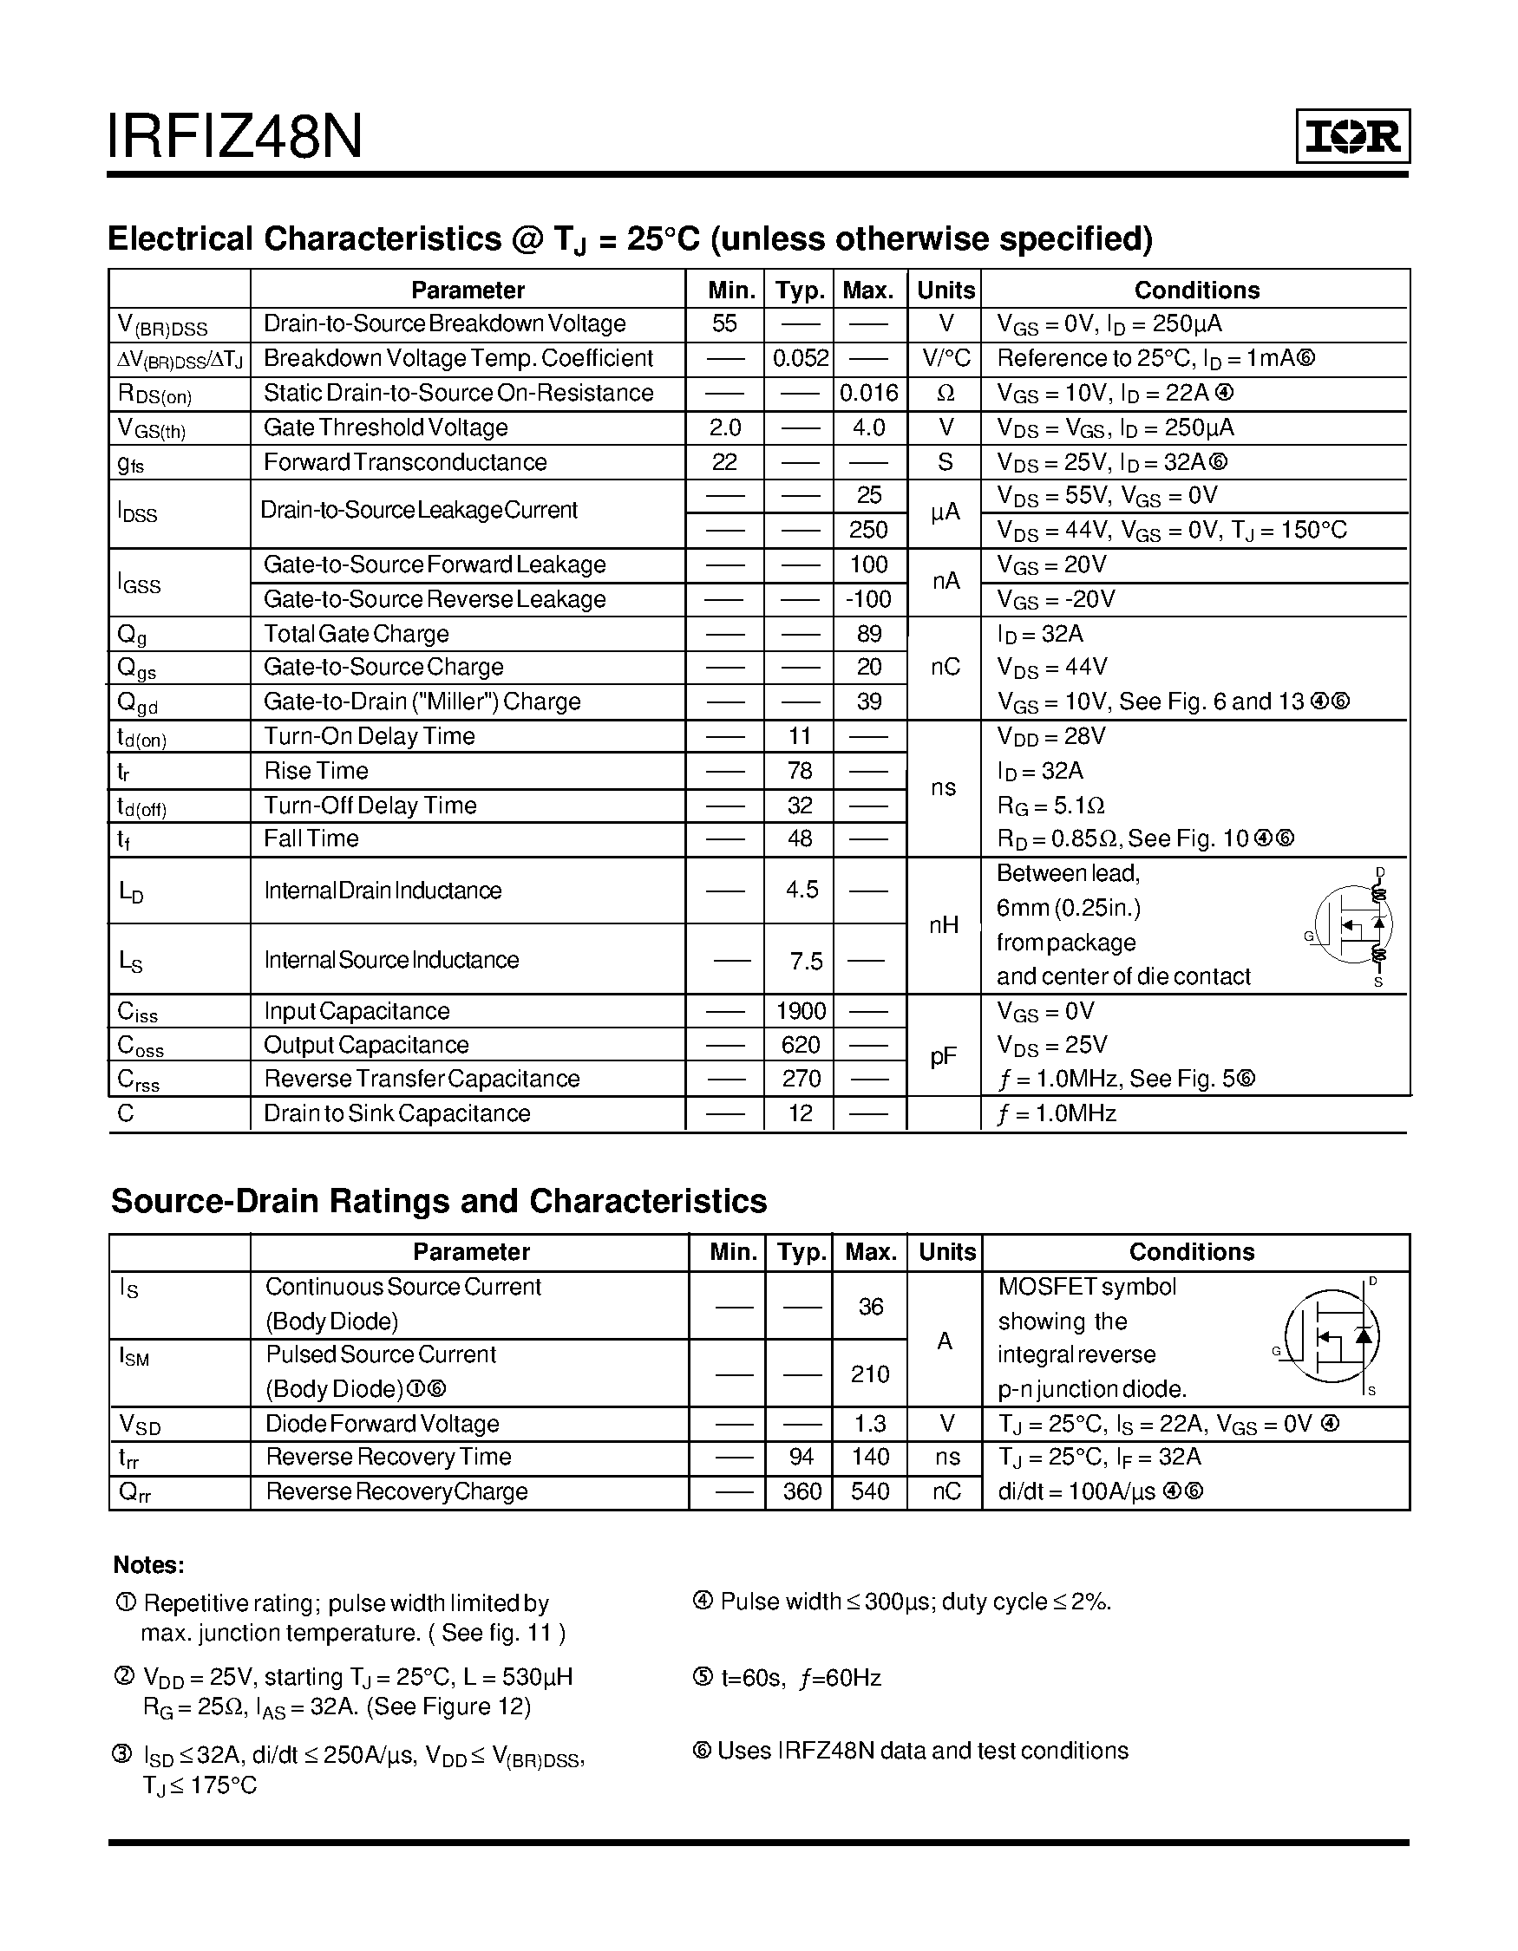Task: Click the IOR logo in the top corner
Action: [1351, 136]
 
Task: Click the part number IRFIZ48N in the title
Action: [234, 137]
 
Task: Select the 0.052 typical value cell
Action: [800, 358]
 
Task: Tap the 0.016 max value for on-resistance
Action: [868, 393]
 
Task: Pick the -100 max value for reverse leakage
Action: [868, 599]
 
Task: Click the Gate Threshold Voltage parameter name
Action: [385, 427]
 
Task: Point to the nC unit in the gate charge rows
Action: [945, 668]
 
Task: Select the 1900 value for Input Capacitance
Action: [800, 1011]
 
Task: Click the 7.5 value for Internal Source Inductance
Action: [805, 962]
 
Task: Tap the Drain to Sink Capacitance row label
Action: [396, 1113]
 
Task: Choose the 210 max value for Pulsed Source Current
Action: [869, 1374]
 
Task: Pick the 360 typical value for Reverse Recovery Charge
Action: [802, 1491]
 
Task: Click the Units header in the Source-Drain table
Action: [946, 1251]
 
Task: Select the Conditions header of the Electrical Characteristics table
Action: [1196, 290]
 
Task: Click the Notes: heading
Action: [148, 1564]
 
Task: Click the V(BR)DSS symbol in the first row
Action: [161, 326]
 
